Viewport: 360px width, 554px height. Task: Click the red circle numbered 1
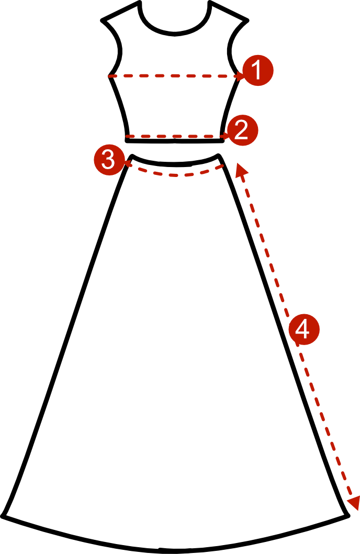[258, 70]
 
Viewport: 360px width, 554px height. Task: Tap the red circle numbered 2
[243, 130]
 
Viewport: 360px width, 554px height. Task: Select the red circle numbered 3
[109, 160]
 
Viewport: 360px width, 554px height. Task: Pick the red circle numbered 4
[304, 329]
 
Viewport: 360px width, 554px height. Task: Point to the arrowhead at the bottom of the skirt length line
[353, 503]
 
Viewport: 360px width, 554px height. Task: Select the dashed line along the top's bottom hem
[176, 136]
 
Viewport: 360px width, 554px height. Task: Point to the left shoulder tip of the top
[103, 20]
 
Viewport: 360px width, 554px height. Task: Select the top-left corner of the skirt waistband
[132, 156]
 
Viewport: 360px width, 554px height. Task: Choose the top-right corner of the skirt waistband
[219, 155]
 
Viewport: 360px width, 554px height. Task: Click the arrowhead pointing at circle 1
[240, 75]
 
